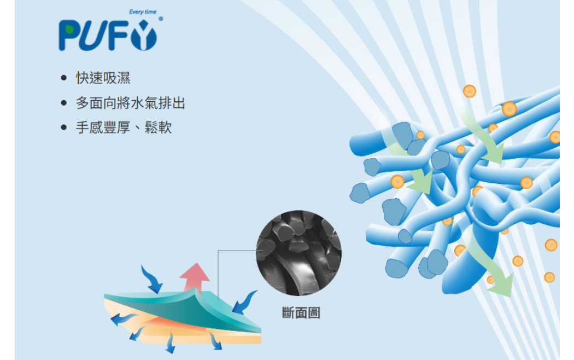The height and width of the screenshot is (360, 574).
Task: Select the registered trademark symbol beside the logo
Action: (x=160, y=19)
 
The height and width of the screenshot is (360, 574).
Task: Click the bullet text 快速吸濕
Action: (x=103, y=78)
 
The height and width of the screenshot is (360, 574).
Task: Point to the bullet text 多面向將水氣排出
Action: (x=130, y=103)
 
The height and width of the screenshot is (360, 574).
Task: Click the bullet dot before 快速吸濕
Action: (x=64, y=78)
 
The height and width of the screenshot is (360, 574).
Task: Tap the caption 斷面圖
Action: (x=301, y=313)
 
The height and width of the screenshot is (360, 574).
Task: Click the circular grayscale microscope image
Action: (x=298, y=253)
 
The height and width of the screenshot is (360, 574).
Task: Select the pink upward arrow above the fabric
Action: (x=194, y=276)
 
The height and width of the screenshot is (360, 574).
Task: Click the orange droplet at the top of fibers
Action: (x=470, y=91)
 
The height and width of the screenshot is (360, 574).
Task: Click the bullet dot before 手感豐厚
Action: (x=64, y=127)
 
